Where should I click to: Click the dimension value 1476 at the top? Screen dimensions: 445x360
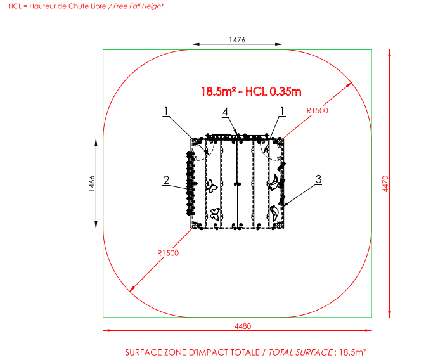(237, 40)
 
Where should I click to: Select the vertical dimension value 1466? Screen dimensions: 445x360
(92, 184)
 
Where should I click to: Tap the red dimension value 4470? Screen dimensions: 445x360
(385, 184)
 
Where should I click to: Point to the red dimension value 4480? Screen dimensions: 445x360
(243, 326)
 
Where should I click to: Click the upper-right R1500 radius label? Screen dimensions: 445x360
(318, 111)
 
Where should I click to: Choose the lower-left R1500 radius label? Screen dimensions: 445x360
(168, 253)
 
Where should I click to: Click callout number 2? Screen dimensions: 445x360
(166, 180)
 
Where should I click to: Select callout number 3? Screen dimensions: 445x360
(319, 179)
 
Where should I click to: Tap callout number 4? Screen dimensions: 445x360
(225, 112)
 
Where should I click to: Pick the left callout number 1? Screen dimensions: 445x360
(166, 112)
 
